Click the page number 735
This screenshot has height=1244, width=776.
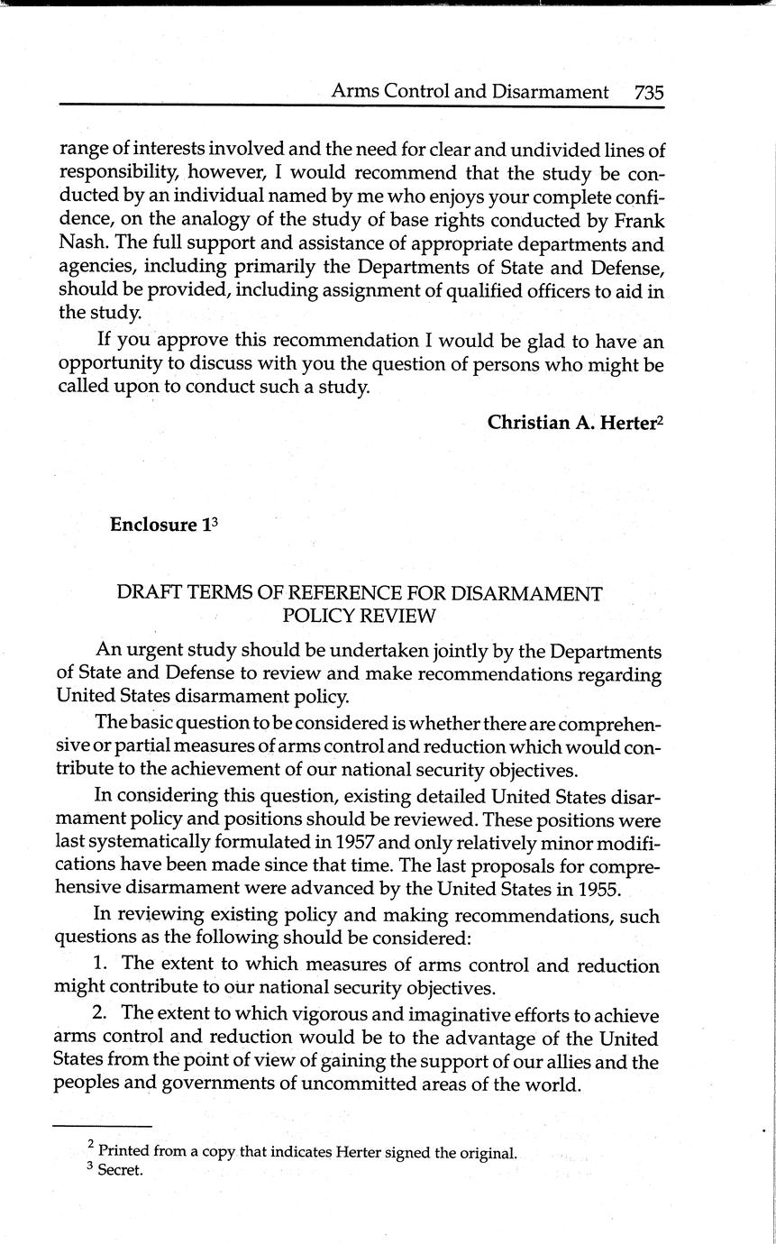click(649, 92)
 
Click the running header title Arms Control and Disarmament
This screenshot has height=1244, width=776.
click(470, 92)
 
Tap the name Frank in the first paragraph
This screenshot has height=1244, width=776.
click(637, 221)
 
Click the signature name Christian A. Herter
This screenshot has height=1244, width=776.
click(571, 422)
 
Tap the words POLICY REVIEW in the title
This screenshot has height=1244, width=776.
click(360, 616)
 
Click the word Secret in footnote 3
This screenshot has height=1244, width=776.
click(121, 1172)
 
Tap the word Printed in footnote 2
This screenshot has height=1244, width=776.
click(123, 1151)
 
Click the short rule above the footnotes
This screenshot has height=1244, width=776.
click(102, 1126)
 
